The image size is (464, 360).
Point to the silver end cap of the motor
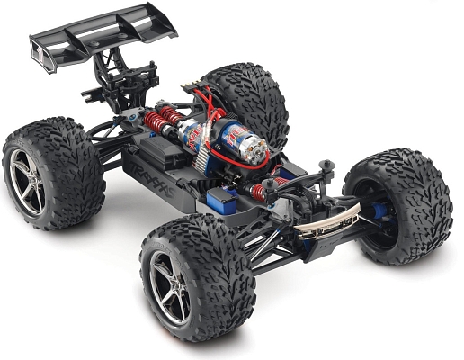pyautogui.click(x=255, y=152)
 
